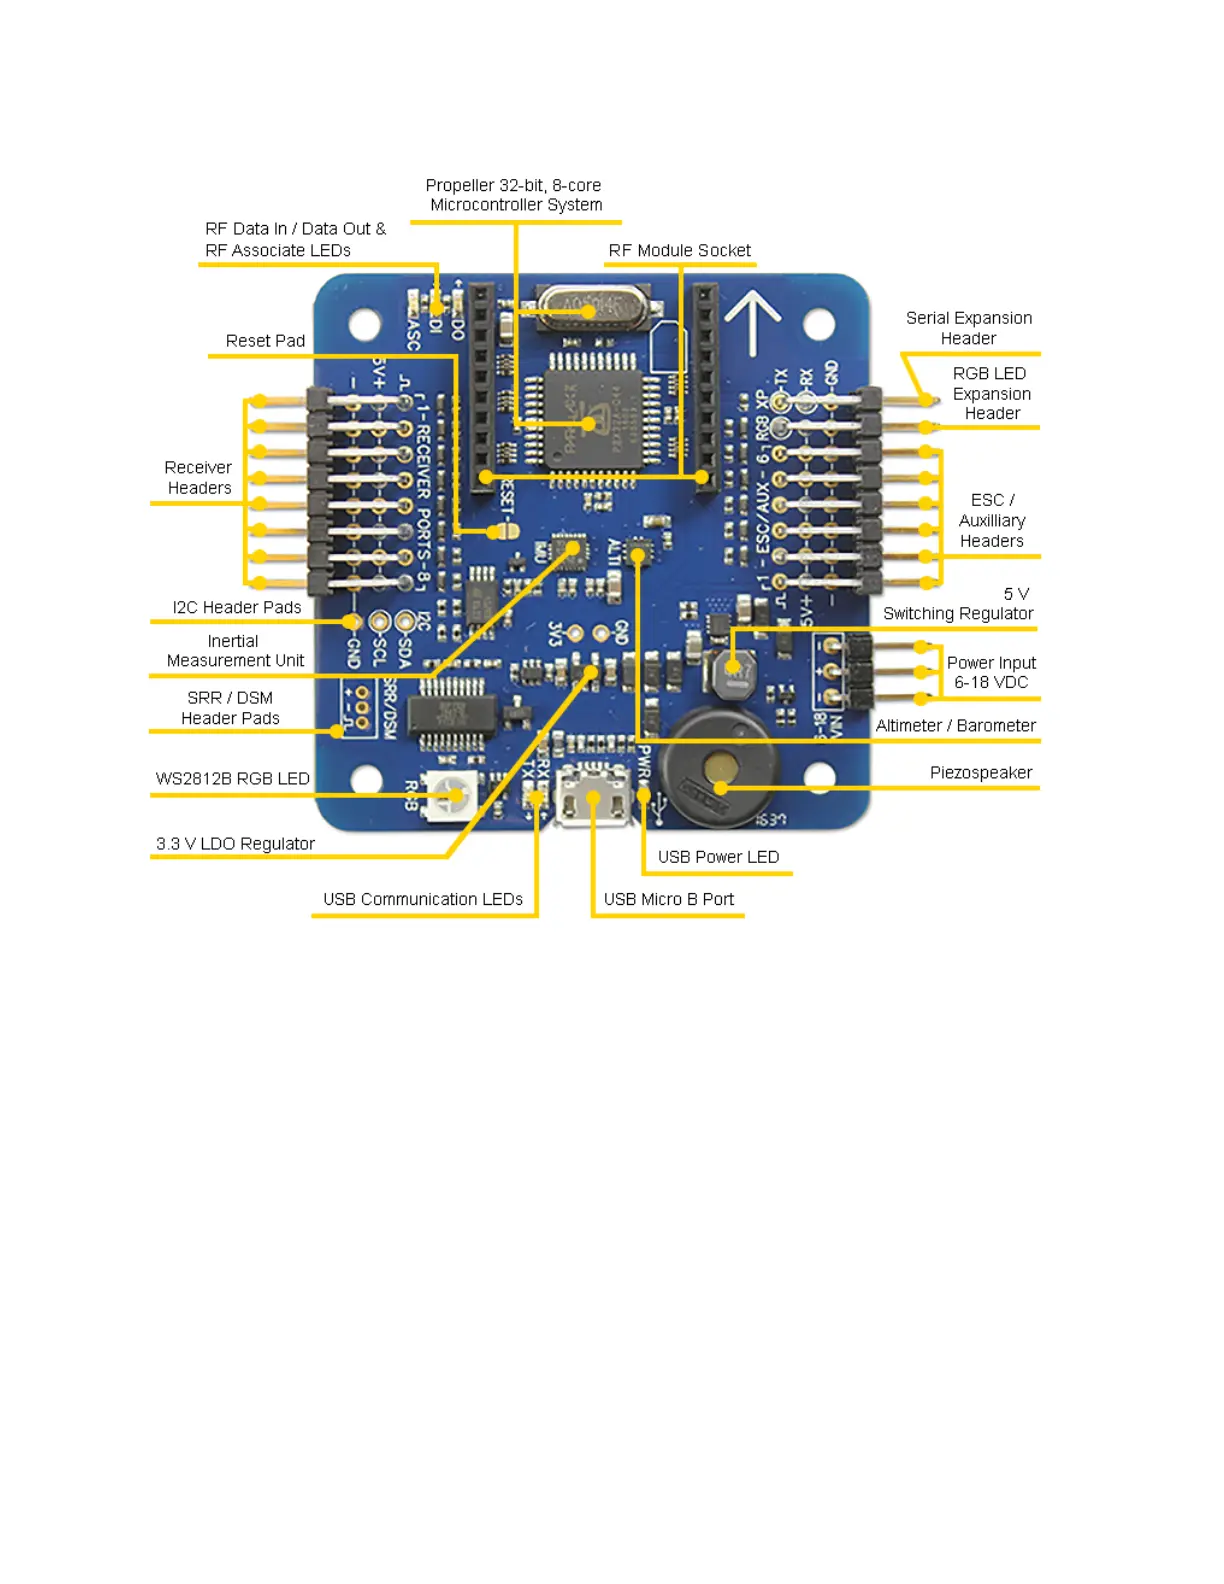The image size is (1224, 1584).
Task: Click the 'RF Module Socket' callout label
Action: [679, 251]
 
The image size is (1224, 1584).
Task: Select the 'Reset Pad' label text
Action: [265, 341]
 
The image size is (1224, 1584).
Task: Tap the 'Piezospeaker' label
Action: [980, 773]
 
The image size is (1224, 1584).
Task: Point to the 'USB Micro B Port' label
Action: [668, 900]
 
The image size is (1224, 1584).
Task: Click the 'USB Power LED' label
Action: [718, 857]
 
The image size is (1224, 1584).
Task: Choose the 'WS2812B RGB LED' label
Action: [232, 779]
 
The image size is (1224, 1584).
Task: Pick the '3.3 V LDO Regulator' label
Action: [235, 844]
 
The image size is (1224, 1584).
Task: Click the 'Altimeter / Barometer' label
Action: [955, 726]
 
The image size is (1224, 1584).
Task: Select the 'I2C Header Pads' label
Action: [236, 608]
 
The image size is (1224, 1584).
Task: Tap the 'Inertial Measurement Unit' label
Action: [235, 651]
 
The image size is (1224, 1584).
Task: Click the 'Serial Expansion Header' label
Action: [968, 328]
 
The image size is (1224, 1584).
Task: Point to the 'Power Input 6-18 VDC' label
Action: [991, 673]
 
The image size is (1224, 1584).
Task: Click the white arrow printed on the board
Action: [752, 320]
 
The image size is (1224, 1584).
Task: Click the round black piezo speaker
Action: [719, 768]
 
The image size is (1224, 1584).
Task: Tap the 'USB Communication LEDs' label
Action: [422, 900]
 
